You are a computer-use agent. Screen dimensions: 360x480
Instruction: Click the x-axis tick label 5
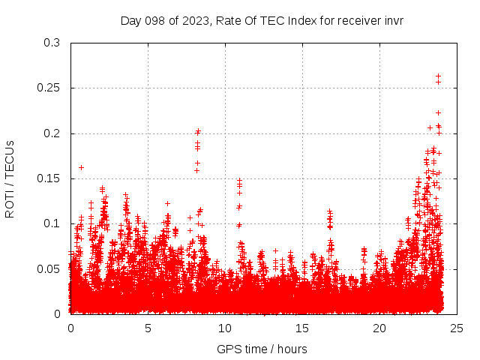click(148, 328)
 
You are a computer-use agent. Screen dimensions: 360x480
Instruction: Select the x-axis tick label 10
click(225, 328)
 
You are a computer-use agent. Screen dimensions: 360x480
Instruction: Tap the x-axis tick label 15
click(302, 328)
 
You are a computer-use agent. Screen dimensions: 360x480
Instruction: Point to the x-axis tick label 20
click(379, 328)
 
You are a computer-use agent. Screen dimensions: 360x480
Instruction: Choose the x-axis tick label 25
click(457, 328)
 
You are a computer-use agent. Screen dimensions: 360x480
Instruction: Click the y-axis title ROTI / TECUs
click(10, 178)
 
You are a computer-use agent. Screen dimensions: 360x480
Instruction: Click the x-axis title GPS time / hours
click(262, 349)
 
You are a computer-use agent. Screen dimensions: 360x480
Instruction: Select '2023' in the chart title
click(193, 20)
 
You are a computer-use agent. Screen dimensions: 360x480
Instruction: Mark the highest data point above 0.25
click(438, 76)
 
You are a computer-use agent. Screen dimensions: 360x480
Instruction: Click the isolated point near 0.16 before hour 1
click(81, 167)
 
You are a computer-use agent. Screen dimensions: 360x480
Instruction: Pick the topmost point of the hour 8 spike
click(198, 131)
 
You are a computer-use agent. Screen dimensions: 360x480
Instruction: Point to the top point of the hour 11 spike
click(240, 180)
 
